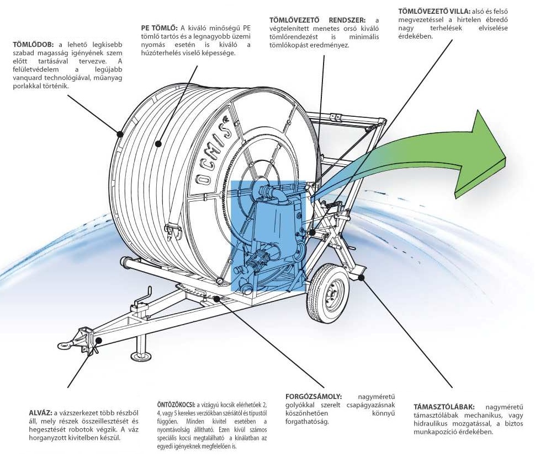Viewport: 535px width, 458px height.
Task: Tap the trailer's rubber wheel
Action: point(328,292)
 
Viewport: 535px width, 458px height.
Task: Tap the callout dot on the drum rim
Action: point(119,133)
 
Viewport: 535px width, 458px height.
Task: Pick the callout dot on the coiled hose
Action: point(158,144)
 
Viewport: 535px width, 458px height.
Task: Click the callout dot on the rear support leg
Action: point(361,277)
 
